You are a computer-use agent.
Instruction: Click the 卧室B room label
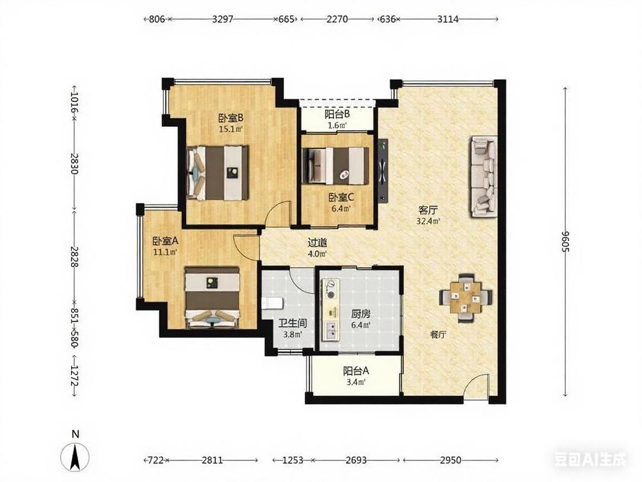[231, 118]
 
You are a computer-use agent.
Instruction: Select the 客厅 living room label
[428, 211]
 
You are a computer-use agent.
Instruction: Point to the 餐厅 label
[438, 335]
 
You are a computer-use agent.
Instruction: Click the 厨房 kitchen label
[361, 314]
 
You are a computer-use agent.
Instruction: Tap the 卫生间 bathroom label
[292, 323]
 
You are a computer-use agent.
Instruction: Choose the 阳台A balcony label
[356, 371]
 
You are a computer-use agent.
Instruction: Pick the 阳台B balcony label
[337, 114]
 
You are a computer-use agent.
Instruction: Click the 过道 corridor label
[317, 243]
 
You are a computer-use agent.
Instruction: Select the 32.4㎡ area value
[428, 222]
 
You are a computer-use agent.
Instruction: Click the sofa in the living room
[483, 176]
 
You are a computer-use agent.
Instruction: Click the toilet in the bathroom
[272, 303]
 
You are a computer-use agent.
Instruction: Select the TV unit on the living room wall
[383, 171]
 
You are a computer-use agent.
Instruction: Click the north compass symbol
[75, 455]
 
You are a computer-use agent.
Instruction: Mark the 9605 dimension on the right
[566, 242]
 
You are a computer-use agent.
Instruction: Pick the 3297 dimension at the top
[223, 19]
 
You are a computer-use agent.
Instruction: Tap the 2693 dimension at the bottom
[356, 460]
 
